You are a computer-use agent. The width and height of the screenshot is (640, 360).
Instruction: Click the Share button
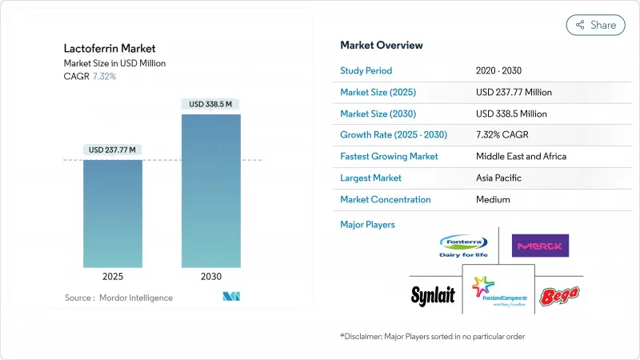coord(596,25)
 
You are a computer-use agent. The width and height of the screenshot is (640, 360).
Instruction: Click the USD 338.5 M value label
coord(211,104)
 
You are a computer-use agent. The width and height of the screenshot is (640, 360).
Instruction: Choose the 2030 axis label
coord(211,276)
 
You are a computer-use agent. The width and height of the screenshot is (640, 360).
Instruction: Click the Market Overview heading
coord(382,45)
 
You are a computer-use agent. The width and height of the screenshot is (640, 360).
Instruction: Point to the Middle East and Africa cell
coord(521,156)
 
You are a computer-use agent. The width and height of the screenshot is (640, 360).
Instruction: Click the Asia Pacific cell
coord(499,178)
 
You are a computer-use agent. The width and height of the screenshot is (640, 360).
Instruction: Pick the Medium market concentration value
coord(492,199)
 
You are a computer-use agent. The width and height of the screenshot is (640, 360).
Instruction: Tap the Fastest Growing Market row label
coord(389,156)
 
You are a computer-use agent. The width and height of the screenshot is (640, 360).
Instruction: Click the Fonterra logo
coord(463,245)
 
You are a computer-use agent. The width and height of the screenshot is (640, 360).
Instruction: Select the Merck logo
coord(540,246)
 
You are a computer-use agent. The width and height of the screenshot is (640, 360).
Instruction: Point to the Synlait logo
coord(433,295)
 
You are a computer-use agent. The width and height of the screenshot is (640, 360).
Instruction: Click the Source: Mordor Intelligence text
coord(118,298)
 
